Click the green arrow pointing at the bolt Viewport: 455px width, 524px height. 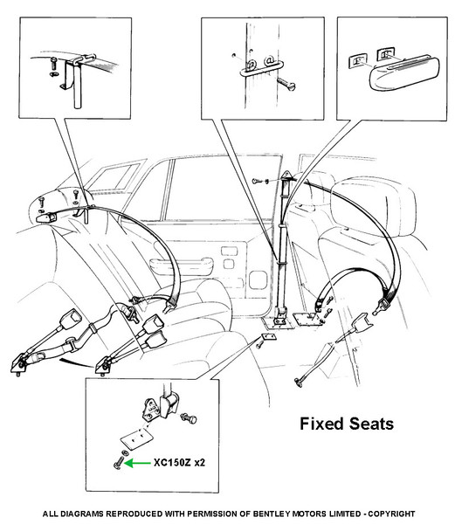point(138,463)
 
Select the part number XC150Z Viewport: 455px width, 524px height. point(172,463)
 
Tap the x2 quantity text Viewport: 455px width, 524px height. point(200,463)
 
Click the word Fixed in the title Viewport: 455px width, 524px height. point(322,424)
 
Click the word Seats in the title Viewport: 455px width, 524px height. point(371,424)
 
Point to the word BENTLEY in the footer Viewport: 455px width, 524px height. point(270,514)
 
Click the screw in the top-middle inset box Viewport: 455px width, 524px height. point(286,84)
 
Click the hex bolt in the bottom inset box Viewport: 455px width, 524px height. point(189,418)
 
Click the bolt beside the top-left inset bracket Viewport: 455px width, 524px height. point(54,63)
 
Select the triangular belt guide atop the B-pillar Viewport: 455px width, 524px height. point(286,176)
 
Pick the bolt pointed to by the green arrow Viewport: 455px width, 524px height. point(119,464)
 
